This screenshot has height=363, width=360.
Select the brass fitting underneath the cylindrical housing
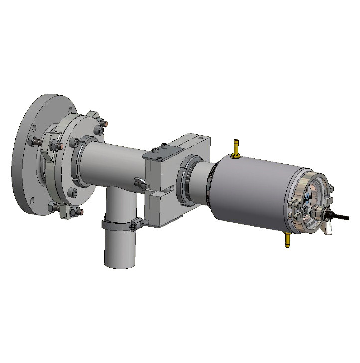[287, 240]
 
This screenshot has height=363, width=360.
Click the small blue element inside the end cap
[308, 197]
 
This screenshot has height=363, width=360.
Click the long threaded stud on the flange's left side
[37, 142]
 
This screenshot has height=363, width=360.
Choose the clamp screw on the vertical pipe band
[134, 227]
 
